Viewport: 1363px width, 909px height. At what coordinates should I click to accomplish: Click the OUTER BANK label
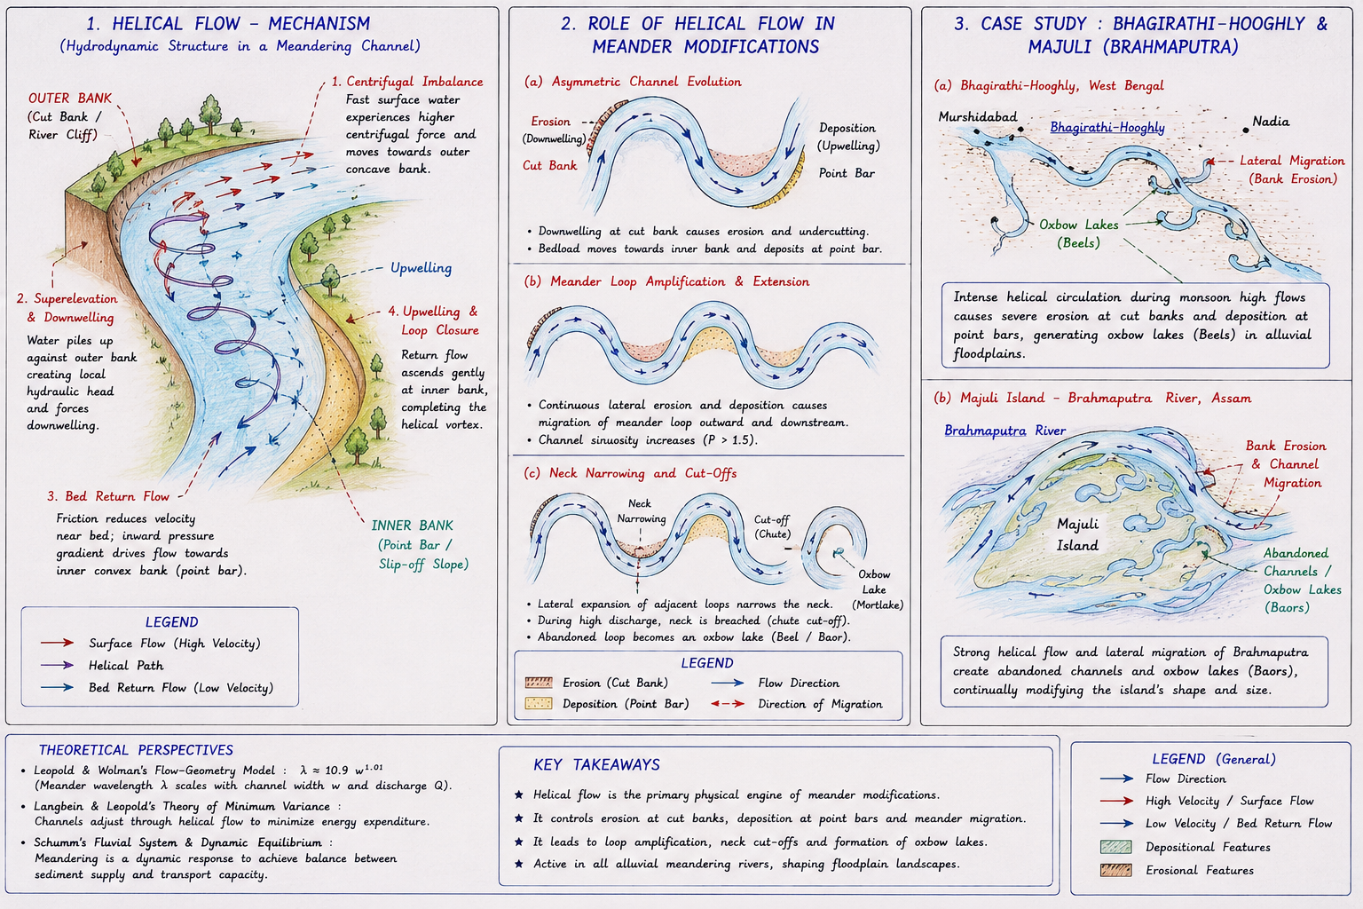[70, 98]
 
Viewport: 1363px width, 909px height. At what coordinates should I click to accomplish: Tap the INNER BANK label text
[412, 526]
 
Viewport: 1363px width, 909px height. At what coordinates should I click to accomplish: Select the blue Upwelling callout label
[422, 268]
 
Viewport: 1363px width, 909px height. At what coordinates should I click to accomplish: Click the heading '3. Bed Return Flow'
[108, 496]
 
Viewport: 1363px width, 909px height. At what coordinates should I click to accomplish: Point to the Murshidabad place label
[977, 116]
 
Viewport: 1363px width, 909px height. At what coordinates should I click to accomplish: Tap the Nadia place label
[1271, 121]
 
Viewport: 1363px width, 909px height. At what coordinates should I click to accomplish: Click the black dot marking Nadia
[1246, 130]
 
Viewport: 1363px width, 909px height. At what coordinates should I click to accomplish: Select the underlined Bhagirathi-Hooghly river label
[1107, 127]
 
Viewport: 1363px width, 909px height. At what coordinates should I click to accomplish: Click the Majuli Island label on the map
[1077, 534]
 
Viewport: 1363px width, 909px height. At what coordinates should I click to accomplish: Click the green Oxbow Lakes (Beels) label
[1079, 233]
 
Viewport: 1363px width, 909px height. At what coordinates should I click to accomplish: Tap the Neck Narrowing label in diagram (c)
[642, 510]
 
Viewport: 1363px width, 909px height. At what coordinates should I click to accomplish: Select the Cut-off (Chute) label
[772, 526]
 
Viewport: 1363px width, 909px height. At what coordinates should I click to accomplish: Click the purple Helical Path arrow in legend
[57, 665]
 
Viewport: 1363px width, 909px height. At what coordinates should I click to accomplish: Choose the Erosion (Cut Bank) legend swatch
[539, 683]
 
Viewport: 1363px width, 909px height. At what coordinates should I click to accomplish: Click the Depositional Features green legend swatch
[1116, 847]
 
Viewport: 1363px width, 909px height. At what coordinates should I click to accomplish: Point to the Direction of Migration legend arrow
[728, 704]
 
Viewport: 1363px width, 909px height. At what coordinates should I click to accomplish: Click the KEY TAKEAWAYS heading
[596, 764]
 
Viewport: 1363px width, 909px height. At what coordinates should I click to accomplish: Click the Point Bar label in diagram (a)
[847, 173]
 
